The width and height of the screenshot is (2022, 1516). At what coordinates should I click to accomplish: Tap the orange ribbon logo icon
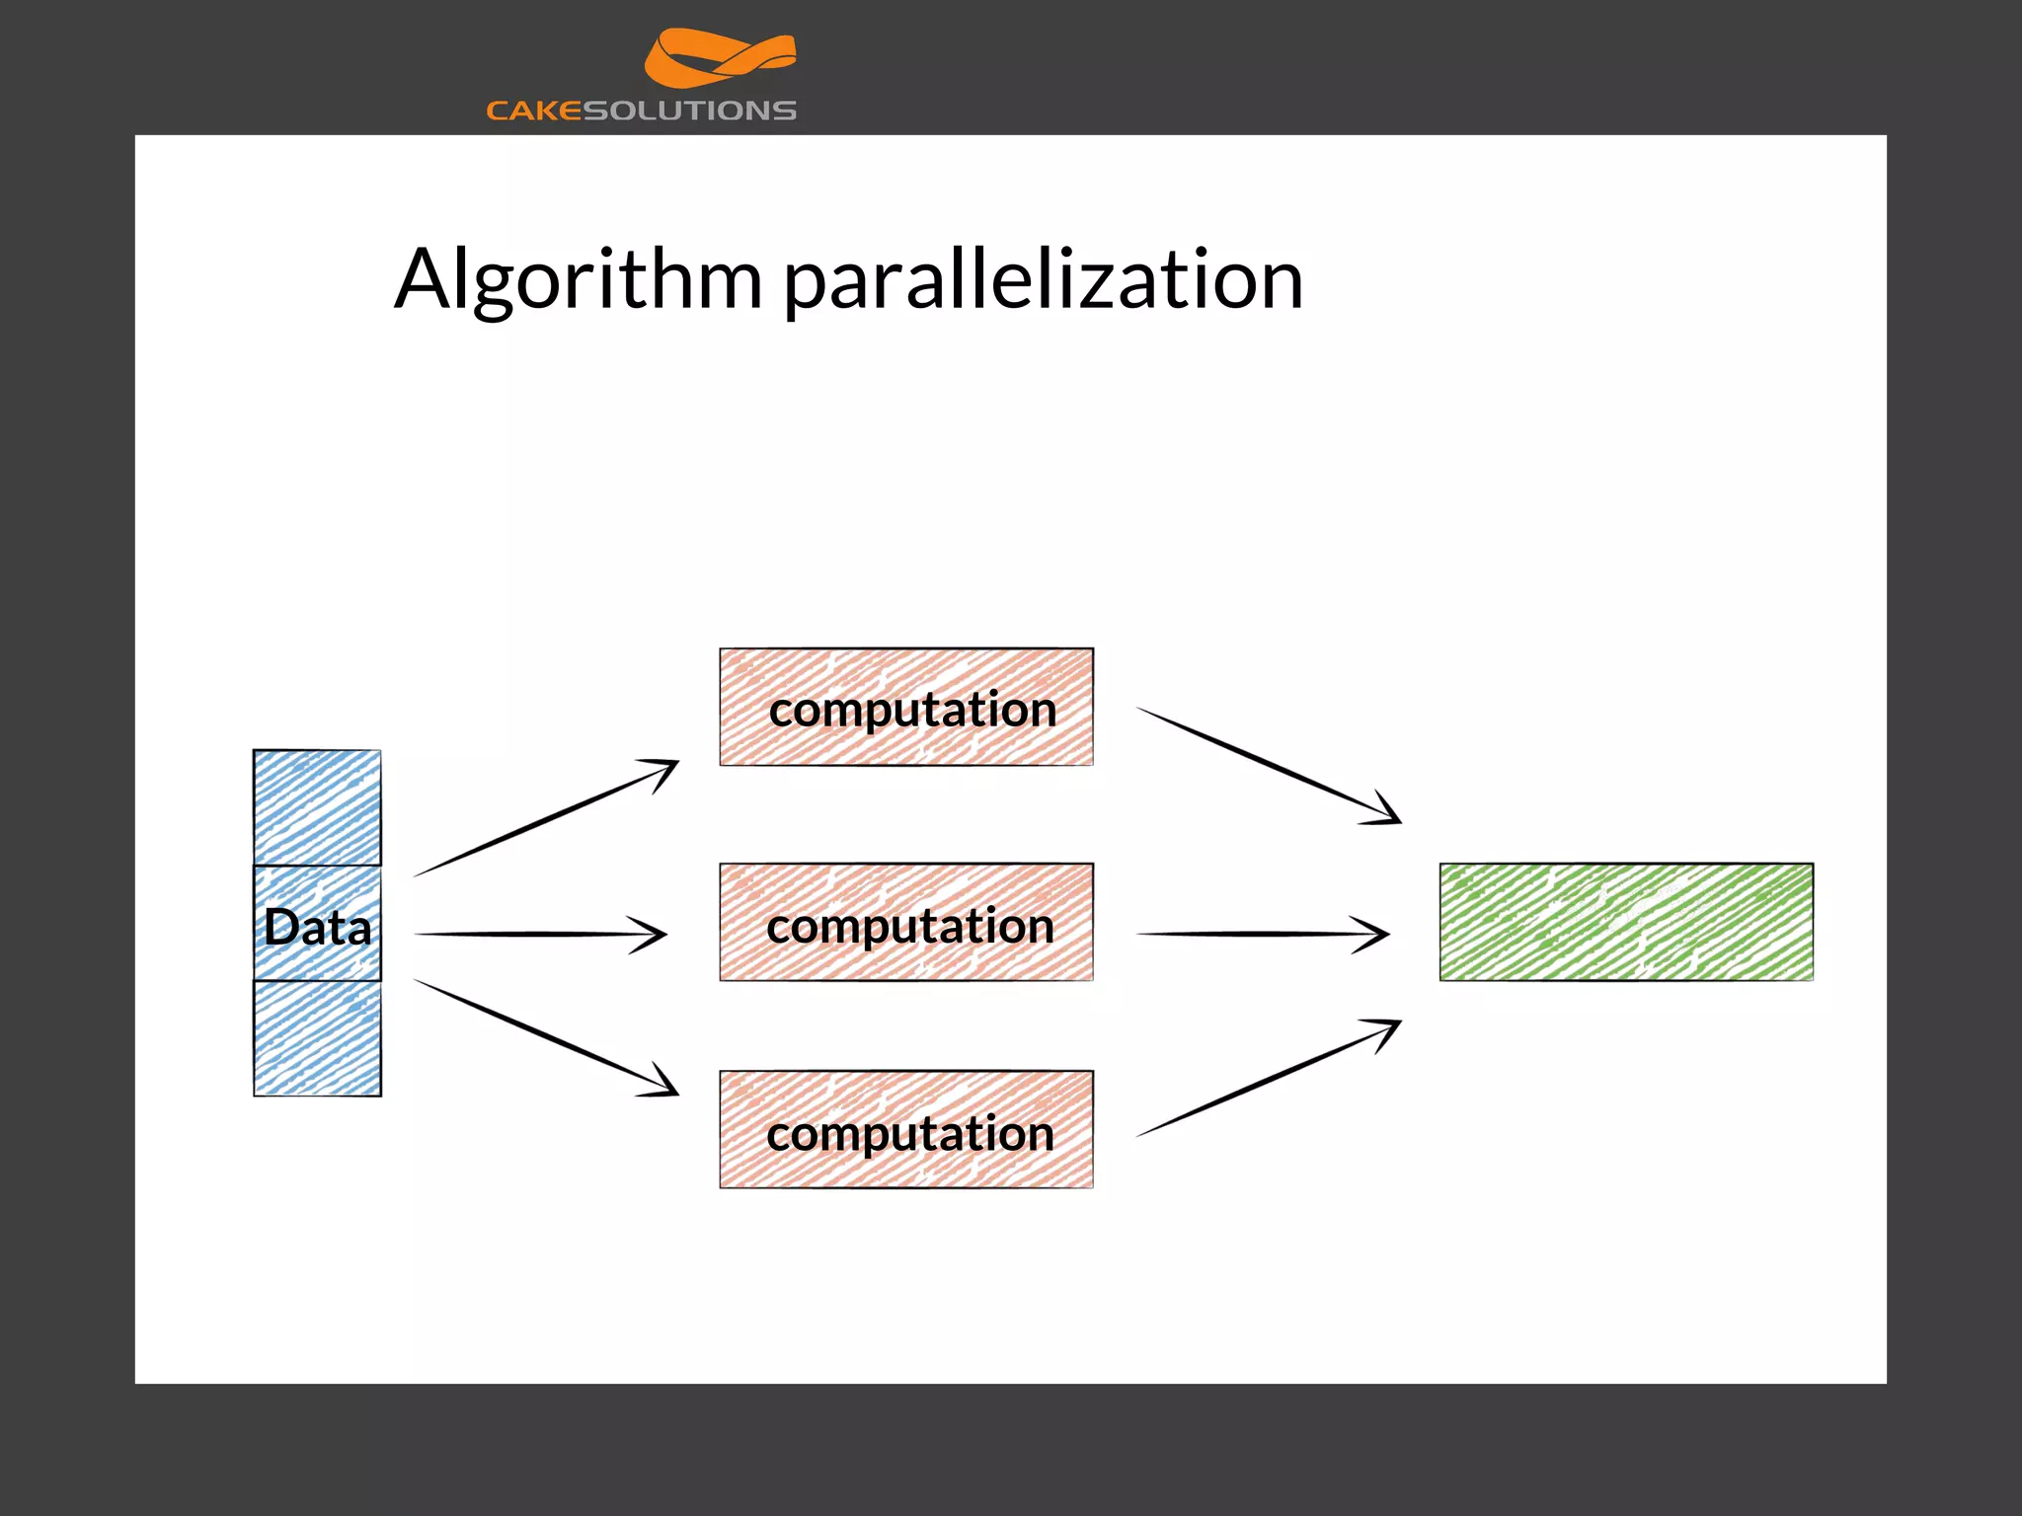click(x=720, y=58)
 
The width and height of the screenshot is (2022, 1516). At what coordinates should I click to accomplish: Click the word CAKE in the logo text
click(x=534, y=111)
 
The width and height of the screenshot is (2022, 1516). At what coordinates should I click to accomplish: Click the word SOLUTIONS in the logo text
click(x=690, y=111)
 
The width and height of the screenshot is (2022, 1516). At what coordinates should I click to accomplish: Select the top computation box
click(x=906, y=707)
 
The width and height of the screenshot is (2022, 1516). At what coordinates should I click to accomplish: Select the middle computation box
click(x=906, y=923)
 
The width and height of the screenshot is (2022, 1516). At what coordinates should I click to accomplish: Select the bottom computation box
click(x=906, y=1130)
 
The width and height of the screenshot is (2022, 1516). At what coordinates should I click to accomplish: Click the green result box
click(x=1626, y=923)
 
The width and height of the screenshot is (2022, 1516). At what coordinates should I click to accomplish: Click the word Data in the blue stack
click(x=317, y=927)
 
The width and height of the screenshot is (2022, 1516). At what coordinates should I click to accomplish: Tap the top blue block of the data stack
click(x=317, y=807)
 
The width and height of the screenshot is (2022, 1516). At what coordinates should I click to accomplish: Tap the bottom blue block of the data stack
click(x=317, y=1038)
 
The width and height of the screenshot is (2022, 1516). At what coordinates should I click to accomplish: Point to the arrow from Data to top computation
click(x=545, y=818)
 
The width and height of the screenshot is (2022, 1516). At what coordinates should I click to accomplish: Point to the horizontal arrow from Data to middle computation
click(x=539, y=934)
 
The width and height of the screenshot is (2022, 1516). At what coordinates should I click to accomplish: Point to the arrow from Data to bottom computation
click(x=545, y=1037)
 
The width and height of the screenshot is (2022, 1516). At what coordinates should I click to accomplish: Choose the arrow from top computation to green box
click(x=1268, y=765)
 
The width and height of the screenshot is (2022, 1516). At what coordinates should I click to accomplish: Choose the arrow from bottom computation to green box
click(x=1268, y=1079)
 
